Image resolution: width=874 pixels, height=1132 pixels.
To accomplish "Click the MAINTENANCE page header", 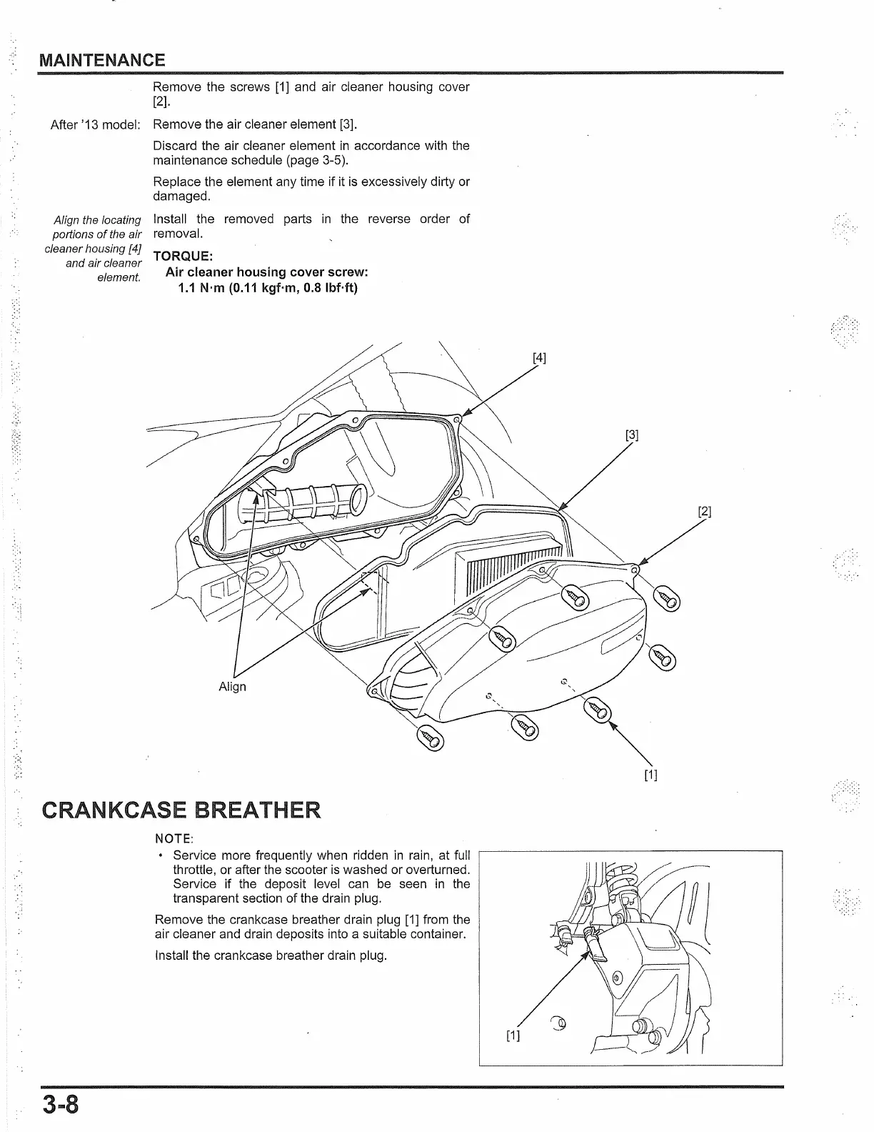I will [x=102, y=60].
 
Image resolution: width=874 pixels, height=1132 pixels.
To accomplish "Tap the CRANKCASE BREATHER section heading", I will [x=181, y=810].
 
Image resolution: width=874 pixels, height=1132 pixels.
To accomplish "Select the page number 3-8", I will [x=59, y=1105].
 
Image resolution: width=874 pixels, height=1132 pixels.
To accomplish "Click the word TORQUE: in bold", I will [x=182, y=256].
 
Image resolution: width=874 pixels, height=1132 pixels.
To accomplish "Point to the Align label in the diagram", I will [x=232, y=687].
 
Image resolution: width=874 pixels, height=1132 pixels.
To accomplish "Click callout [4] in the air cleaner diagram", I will [x=539, y=358].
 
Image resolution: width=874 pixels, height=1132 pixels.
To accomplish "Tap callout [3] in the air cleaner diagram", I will [x=631, y=435].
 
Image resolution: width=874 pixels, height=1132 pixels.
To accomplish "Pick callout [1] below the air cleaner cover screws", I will [x=651, y=775].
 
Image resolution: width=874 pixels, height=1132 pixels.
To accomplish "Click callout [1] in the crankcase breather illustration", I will [x=513, y=1036].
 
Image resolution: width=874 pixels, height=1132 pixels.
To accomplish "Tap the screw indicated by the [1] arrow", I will [x=597, y=710].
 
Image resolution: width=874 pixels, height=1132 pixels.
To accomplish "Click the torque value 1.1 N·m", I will [x=202, y=288].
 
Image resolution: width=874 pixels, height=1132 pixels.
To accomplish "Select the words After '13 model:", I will [x=95, y=124].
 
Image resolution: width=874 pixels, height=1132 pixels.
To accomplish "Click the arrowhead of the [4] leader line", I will [x=466, y=414].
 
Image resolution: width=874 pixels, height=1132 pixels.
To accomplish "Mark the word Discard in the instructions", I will [x=175, y=146].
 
